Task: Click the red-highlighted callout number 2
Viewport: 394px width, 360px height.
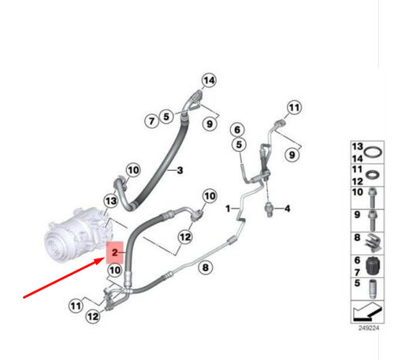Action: click(114, 252)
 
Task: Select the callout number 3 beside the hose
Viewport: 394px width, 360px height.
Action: click(179, 170)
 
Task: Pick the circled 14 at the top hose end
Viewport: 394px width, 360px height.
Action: click(208, 80)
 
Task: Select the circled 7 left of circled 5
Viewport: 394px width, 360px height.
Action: click(151, 120)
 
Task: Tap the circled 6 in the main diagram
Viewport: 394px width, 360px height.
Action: click(236, 129)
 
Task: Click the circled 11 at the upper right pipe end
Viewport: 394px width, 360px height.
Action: click(294, 107)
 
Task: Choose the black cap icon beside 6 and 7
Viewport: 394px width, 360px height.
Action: click(375, 266)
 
